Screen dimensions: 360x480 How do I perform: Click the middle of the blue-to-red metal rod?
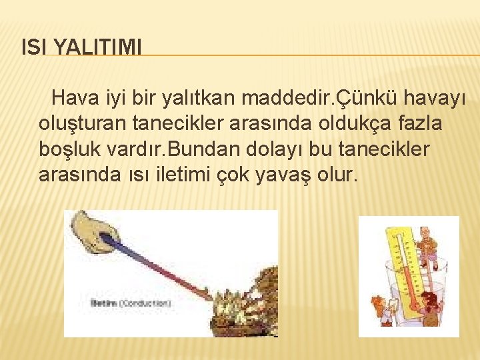coord(163,267)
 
